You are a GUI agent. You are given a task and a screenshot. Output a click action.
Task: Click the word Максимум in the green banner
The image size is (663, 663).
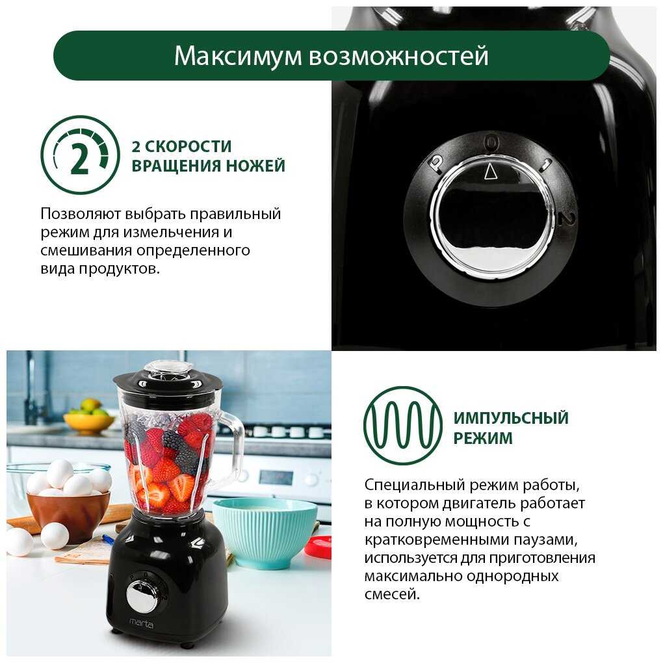coord(238,56)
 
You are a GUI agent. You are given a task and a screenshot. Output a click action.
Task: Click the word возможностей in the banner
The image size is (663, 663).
coord(398,57)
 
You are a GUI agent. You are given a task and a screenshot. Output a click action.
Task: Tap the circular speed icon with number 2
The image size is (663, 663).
coord(79,155)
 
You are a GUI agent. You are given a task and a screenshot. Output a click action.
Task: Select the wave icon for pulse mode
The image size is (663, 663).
coord(402,425)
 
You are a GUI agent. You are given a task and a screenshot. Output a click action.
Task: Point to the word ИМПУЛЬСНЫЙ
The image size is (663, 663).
coord(511,418)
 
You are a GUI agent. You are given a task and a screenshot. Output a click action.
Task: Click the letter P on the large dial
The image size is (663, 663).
coord(436,164)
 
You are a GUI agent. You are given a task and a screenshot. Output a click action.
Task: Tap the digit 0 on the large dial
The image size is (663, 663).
coord(491,144)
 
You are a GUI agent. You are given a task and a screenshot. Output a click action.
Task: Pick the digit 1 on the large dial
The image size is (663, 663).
coord(546,164)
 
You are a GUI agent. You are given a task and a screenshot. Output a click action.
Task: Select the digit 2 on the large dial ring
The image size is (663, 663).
coord(567,218)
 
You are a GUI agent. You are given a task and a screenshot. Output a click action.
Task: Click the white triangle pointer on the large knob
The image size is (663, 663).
coord(490,171)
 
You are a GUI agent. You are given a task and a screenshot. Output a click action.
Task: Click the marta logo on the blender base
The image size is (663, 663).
coord(141,623)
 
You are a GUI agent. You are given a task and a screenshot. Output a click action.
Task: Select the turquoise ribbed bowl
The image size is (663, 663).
coord(265,532)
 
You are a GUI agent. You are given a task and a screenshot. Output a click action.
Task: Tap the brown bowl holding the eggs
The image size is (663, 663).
coord(68,516)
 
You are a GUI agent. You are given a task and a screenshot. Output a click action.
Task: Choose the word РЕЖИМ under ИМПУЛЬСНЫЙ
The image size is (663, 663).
coord(483,437)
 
